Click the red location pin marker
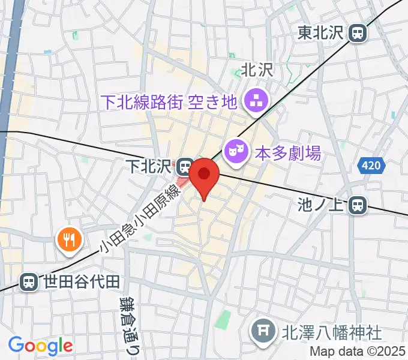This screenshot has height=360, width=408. click(x=204, y=175)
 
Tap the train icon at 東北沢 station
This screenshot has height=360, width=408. click(x=359, y=33)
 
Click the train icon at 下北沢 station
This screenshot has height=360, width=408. click(x=185, y=164)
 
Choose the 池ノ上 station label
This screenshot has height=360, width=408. click(x=321, y=206)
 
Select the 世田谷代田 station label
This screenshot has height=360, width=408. click(x=82, y=281)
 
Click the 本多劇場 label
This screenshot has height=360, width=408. click(x=289, y=152)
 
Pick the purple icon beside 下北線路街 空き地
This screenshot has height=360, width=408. click(x=257, y=101)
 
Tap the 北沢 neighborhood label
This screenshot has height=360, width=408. click(x=257, y=70)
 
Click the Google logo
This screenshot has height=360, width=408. click(x=40, y=346)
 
